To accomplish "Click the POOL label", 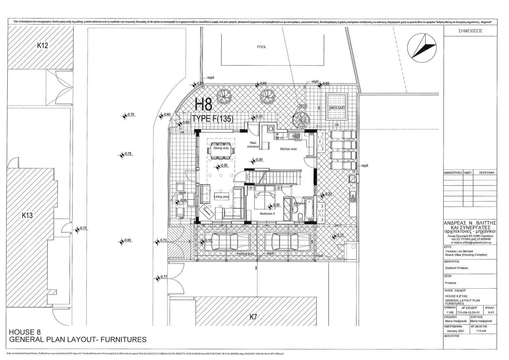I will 261,47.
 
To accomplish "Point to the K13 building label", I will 28,215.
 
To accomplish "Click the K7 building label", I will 253,317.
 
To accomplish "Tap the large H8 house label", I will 204,104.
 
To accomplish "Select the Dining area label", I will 221,148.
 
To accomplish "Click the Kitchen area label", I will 288,149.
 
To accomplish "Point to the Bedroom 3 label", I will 267,214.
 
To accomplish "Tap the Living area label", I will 221,197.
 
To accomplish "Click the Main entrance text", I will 253,145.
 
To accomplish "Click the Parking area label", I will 245,254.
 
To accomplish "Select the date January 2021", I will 456,331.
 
